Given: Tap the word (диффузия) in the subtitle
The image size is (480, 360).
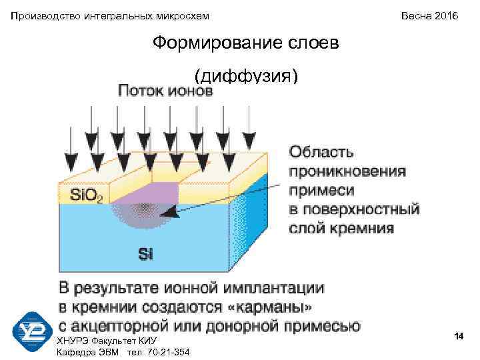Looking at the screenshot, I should pos(243,75).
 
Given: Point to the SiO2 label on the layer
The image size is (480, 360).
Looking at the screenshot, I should pos(86,196).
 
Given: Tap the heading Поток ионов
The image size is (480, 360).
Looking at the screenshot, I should pos(165,91).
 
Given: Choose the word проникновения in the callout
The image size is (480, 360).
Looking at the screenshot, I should pos(347,171).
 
